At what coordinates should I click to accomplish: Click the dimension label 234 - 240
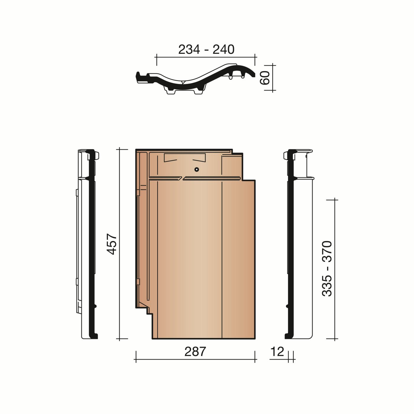206,49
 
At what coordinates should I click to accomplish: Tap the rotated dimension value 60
265,77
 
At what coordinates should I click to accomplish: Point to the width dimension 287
195,352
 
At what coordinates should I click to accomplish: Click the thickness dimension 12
277,352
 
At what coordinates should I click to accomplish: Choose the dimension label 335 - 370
327,269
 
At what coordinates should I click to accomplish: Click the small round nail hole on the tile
196,169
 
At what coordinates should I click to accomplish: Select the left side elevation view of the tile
88,244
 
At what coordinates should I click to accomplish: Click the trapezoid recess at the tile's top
185,158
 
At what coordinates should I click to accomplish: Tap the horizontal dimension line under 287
195,360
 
